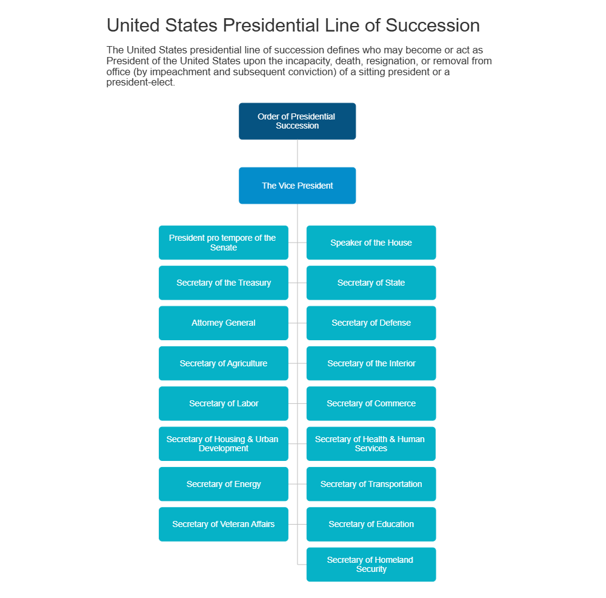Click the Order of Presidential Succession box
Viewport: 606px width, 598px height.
(x=297, y=121)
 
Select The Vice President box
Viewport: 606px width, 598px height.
(x=297, y=186)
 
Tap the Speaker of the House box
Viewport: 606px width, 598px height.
(x=371, y=243)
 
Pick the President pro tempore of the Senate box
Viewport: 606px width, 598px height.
(x=224, y=243)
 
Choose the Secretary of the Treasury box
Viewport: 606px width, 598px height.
(x=224, y=283)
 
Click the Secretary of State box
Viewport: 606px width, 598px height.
(x=371, y=283)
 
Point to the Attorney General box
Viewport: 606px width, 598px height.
(x=224, y=323)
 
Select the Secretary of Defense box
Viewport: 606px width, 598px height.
(x=371, y=323)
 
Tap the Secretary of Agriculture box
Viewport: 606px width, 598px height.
(x=224, y=363)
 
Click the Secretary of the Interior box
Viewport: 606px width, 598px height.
(x=371, y=363)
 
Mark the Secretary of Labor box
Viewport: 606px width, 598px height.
(x=224, y=403)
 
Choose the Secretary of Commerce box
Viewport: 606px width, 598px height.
(x=371, y=403)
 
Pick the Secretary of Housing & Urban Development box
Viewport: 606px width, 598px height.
(x=224, y=443)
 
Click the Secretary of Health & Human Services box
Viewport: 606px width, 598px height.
(x=371, y=443)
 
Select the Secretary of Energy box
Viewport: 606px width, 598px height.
(x=224, y=484)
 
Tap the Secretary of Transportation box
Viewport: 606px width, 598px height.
(x=371, y=484)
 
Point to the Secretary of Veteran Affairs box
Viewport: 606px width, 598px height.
(x=224, y=524)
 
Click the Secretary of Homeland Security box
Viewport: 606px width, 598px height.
(x=371, y=564)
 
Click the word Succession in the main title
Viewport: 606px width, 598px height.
(x=433, y=25)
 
